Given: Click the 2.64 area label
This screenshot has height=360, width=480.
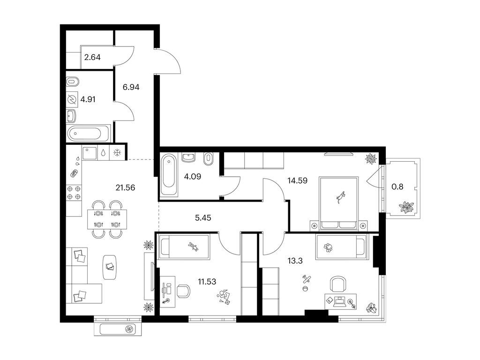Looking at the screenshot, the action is (92, 57).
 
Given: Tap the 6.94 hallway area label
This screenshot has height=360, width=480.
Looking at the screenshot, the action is (131, 87).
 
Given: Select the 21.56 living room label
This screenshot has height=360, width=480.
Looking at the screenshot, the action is (125, 187).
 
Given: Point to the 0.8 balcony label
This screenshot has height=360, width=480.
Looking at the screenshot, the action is (397, 187).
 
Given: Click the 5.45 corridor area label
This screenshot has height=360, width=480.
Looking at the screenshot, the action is (203, 218).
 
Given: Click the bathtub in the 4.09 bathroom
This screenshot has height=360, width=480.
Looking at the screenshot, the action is (169, 175).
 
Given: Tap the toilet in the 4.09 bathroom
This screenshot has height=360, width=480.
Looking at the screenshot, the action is (209, 159).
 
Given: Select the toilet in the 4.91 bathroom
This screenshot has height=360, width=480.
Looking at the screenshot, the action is (73, 82).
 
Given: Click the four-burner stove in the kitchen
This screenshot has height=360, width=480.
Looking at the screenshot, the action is (74, 193).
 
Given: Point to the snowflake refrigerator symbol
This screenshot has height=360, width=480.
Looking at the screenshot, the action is (118, 153).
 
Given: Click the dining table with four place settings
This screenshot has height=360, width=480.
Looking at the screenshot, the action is (107, 219).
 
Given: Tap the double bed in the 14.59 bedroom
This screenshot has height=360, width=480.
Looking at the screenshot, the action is (338, 203).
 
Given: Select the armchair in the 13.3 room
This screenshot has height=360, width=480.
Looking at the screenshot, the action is (339, 285).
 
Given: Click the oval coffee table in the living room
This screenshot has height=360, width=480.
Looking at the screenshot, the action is (110, 267).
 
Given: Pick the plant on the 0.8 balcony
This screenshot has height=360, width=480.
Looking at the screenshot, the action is (406, 207).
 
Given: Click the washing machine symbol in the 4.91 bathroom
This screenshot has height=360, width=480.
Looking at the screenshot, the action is (72, 99).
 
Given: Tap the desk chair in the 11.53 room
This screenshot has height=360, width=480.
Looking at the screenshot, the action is (183, 291).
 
